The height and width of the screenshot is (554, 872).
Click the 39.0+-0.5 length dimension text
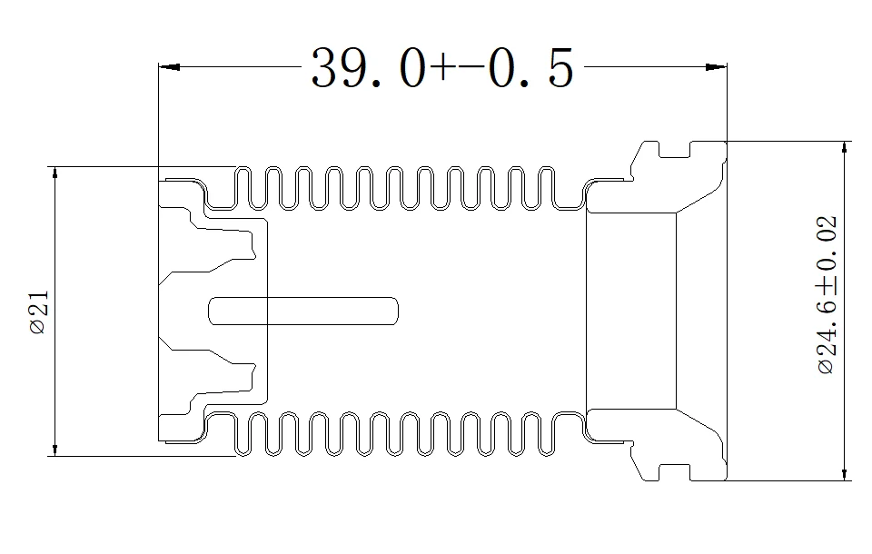point(442,68)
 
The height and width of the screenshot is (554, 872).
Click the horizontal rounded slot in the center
point(303,310)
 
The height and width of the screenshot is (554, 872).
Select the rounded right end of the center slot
point(392,310)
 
